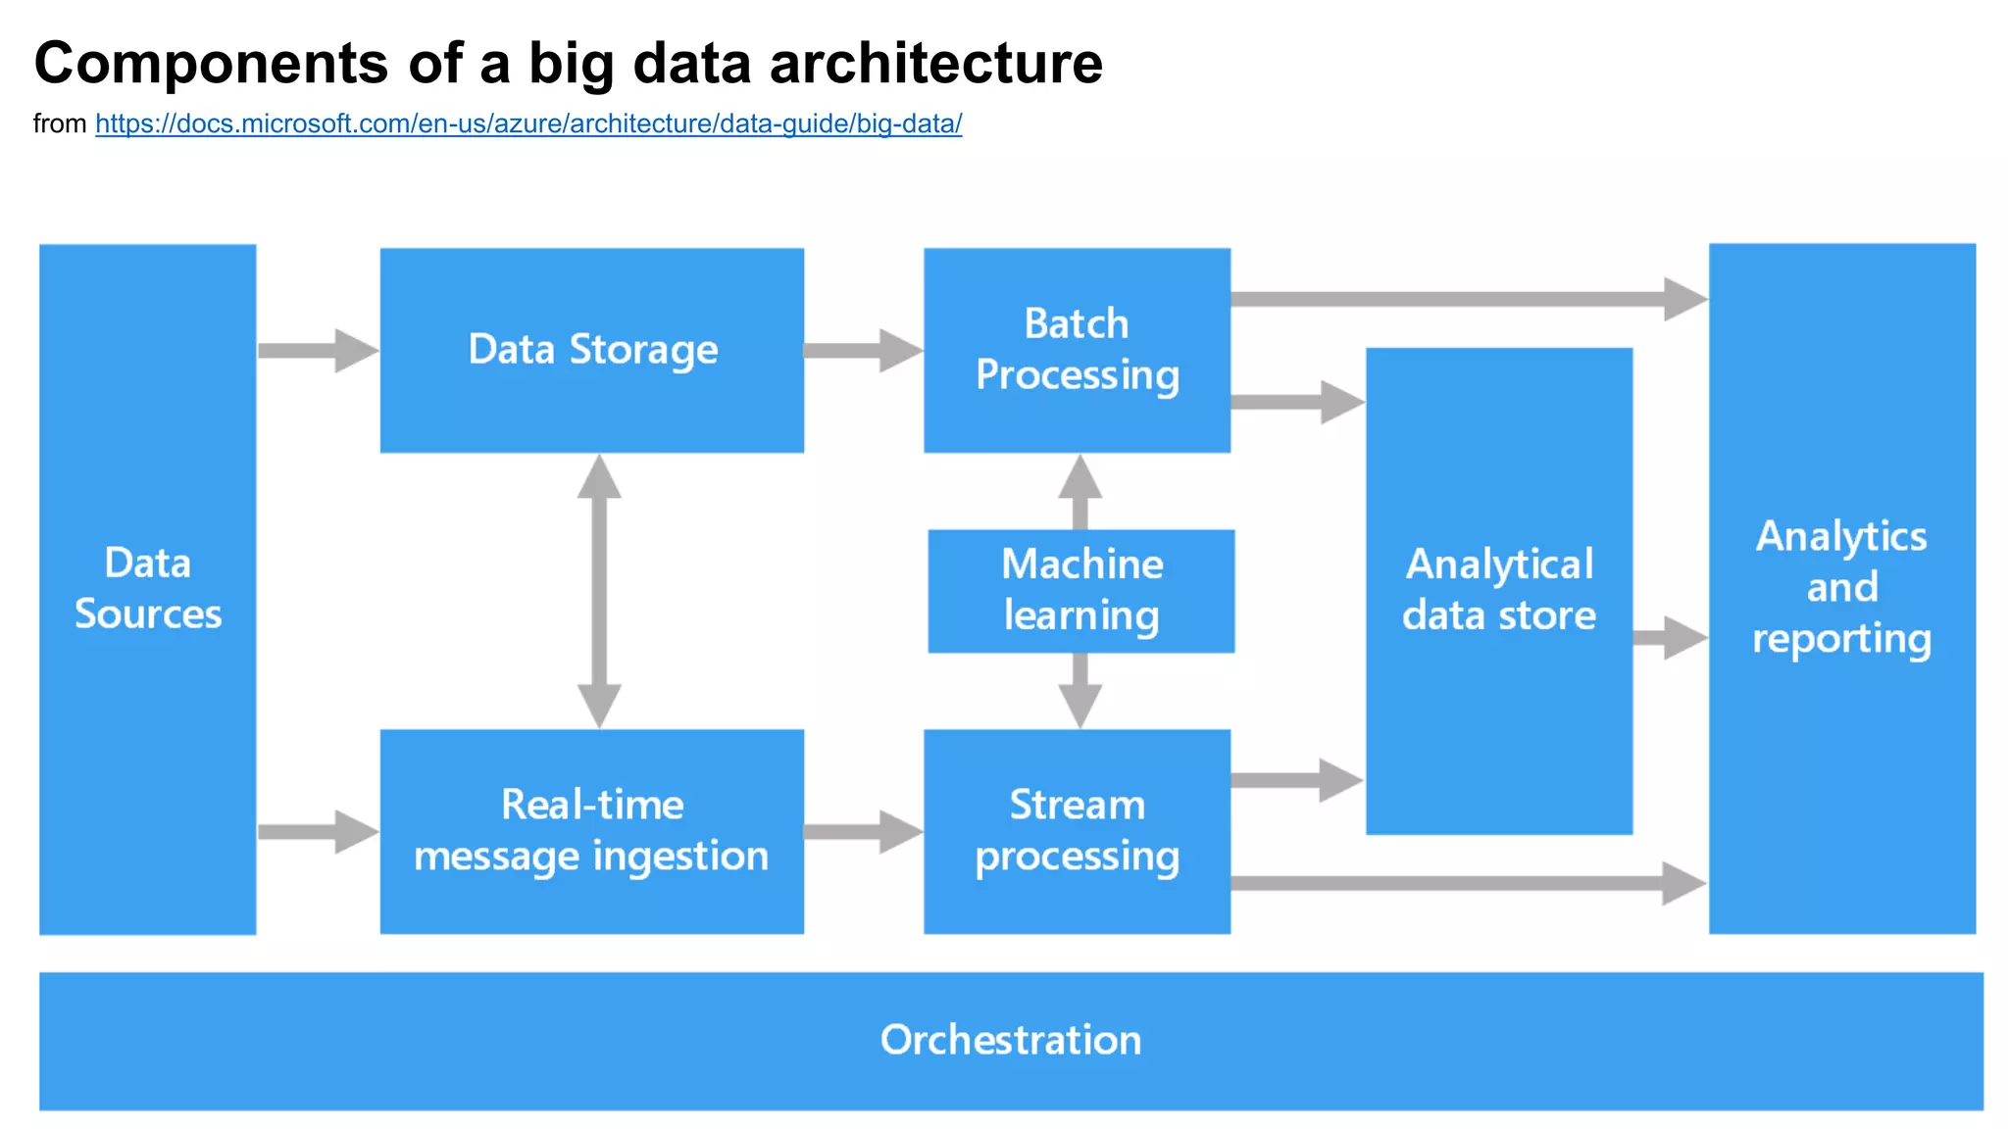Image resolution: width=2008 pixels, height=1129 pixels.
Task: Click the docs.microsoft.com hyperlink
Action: coord(528,124)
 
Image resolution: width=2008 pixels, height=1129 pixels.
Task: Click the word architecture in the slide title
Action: coord(935,64)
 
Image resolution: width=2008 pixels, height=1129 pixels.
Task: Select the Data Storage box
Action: coord(592,350)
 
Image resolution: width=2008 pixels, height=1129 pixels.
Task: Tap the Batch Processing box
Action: coord(1077,350)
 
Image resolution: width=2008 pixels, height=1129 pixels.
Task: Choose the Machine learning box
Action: coord(1080,590)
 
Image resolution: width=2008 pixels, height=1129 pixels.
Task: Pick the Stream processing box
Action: coord(1077,831)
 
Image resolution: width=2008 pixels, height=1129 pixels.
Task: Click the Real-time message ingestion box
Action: coord(592,831)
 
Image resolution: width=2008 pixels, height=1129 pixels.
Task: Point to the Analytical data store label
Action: coord(1498,590)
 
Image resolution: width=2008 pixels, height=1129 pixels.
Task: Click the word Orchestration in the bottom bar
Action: coord(1010,1040)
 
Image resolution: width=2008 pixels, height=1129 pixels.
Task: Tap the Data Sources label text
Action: coord(148,588)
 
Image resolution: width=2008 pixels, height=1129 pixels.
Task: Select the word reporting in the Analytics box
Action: coord(1841,639)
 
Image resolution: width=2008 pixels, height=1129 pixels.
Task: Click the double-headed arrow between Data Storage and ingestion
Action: coord(599,591)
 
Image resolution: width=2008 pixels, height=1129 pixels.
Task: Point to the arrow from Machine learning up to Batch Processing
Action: coord(1080,491)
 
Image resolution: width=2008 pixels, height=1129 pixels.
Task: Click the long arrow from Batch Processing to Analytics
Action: coord(1468,299)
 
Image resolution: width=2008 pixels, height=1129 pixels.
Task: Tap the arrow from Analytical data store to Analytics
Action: coord(1670,638)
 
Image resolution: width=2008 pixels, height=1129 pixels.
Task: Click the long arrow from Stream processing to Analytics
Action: coord(1468,883)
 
